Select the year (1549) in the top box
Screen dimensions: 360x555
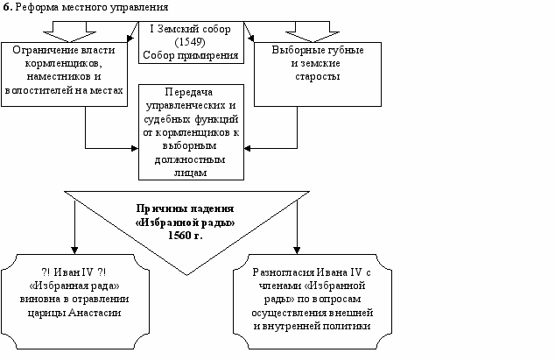[x=190, y=41]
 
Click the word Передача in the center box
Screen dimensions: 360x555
[x=190, y=92]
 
